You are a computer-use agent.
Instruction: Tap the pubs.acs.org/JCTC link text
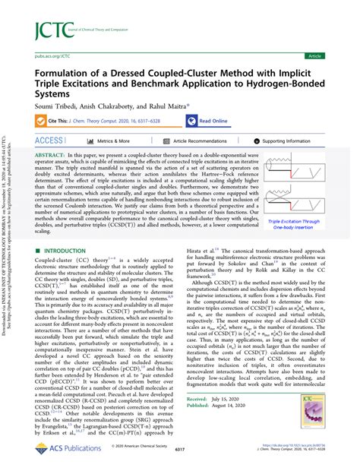coord(49,55)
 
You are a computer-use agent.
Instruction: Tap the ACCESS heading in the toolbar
coord(51,141)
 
